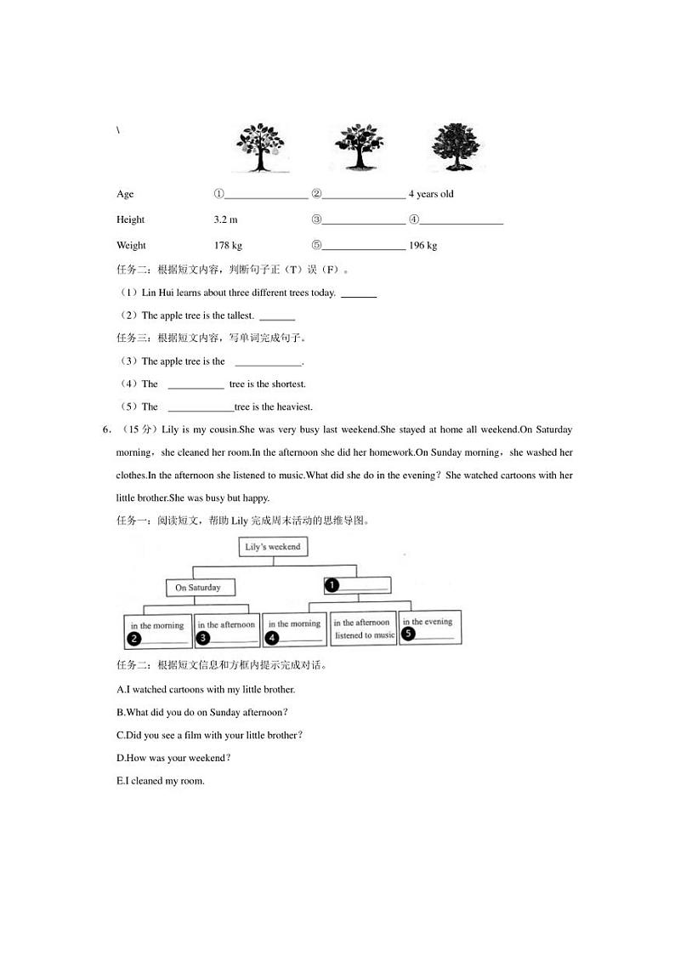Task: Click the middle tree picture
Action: point(360,147)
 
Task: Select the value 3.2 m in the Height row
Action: point(226,219)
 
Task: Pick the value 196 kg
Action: point(423,246)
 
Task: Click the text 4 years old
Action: point(431,194)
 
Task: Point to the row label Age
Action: point(125,194)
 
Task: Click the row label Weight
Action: point(131,246)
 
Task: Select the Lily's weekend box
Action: point(273,547)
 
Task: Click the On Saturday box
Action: point(198,588)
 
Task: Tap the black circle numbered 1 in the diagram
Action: point(332,585)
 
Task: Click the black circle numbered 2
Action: point(134,638)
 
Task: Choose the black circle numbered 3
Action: point(203,637)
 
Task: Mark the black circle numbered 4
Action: point(272,637)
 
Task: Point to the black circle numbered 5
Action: point(408,634)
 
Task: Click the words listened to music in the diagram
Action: point(364,635)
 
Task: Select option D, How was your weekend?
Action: point(173,758)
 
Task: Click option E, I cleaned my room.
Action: point(161,781)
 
